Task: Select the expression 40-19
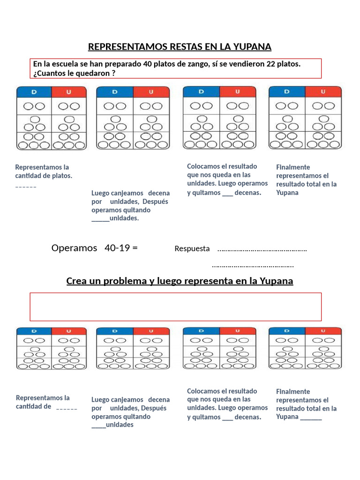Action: tap(117, 248)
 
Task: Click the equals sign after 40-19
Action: tap(135, 248)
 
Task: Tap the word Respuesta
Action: tap(192, 249)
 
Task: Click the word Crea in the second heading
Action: tap(76, 281)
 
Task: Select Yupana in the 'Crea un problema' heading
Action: tap(276, 281)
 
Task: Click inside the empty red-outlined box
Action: tap(176, 307)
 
